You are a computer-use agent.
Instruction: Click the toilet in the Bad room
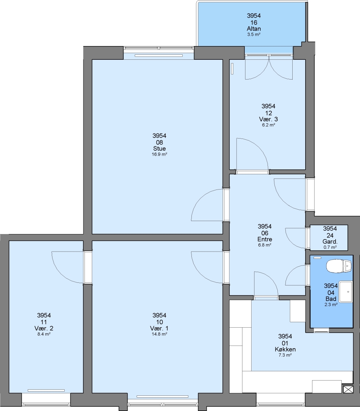[x=339, y=266]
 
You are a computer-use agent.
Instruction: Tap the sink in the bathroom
[x=346, y=292]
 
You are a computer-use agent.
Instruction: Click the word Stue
[x=159, y=149]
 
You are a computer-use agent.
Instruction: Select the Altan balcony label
[x=253, y=29]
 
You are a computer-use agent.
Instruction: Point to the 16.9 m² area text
[x=159, y=155]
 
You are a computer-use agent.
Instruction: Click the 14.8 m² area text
[x=159, y=334]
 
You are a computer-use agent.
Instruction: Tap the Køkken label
[x=285, y=349]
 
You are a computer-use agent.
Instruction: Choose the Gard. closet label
[x=330, y=242]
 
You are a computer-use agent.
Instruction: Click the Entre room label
[x=264, y=239]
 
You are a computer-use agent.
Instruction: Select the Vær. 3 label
[x=268, y=119]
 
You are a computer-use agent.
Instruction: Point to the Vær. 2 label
[x=44, y=328]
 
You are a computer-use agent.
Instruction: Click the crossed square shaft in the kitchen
[x=348, y=389]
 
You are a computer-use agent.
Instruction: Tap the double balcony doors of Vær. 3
[x=269, y=68]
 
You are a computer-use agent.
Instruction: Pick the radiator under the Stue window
[x=159, y=56]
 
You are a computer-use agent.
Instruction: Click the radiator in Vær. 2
[x=46, y=390]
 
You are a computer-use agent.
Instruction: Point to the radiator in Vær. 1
[x=162, y=397]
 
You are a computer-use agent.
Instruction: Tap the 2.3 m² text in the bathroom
[x=331, y=304]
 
